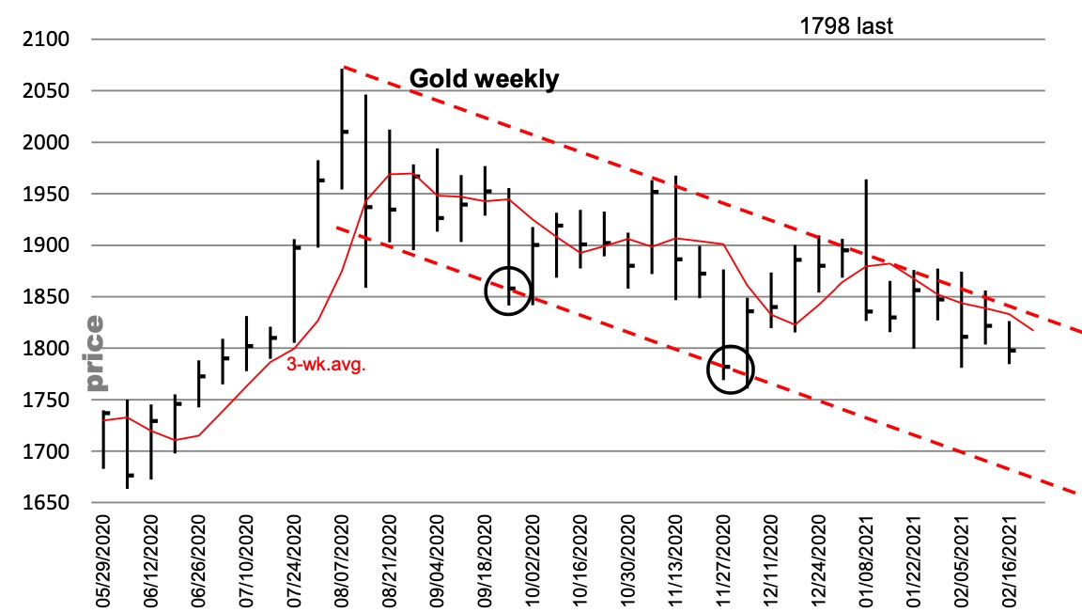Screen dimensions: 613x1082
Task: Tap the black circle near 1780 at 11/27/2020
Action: (731, 369)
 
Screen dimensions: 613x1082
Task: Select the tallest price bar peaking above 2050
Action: (342, 128)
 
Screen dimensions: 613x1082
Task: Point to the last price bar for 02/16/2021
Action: (1010, 342)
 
